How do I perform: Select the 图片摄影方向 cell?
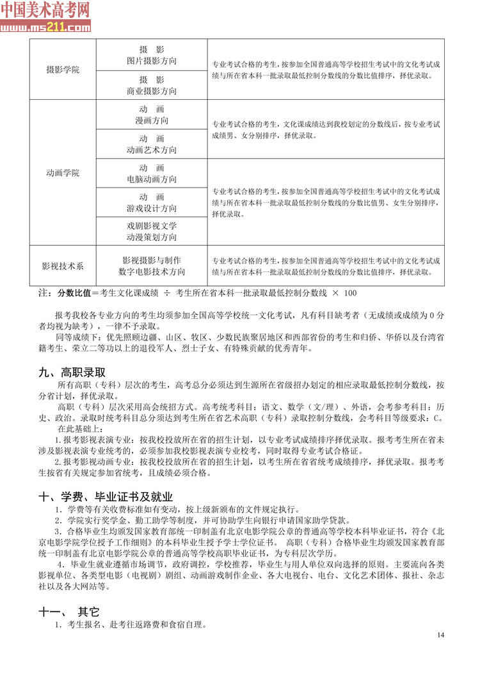click(152, 61)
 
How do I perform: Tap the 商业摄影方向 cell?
click(152, 91)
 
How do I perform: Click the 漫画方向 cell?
click(152, 120)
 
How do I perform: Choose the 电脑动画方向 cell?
click(152, 179)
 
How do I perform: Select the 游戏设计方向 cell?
click(152, 209)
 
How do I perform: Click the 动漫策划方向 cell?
click(152, 237)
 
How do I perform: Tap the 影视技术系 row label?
click(63, 266)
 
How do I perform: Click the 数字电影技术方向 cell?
click(152, 272)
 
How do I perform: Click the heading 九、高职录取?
click(72, 372)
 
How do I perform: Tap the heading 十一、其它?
click(69, 611)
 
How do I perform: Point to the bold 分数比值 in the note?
click(74, 293)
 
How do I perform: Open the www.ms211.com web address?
click(45, 28)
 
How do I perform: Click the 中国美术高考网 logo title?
click(45, 10)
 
